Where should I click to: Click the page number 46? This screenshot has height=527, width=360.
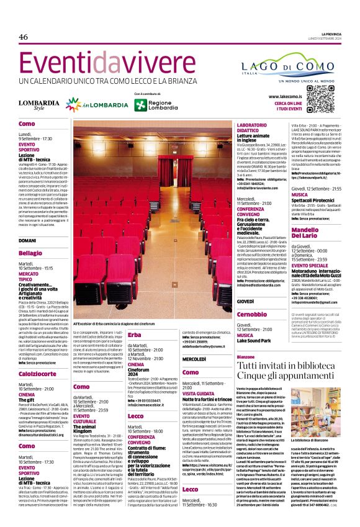[x=24, y=37]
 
